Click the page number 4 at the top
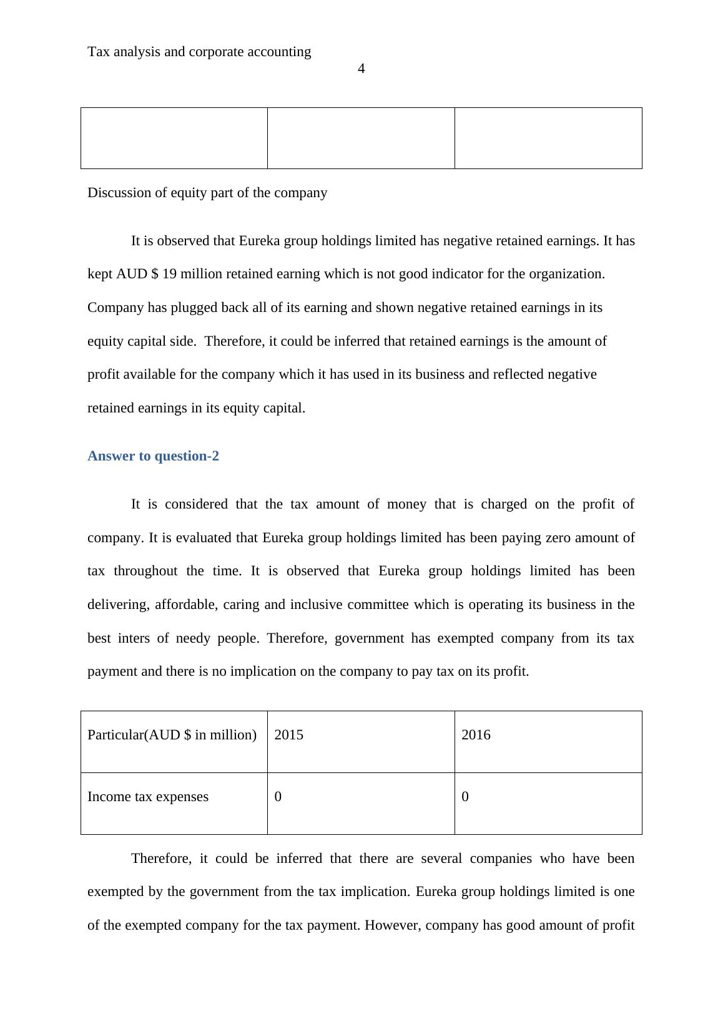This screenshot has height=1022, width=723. pyautogui.click(x=361, y=69)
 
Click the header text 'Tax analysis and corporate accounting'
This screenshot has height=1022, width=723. pyautogui.click(x=199, y=52)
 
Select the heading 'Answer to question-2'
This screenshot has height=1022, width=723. pyautogui.click(x=153, y=456)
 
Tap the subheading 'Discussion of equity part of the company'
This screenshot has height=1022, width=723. pyautogui.click(x=207, y=193)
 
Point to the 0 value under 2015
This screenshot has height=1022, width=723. pyautogui.click(x=278, y=797)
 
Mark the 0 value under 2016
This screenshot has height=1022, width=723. pyautogui.click(x=465, y=797)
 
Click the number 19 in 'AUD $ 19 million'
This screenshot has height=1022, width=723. pyautogui.click(x=169, y=274)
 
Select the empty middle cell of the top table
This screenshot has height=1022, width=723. pyautogui.click(x=361, y=138)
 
